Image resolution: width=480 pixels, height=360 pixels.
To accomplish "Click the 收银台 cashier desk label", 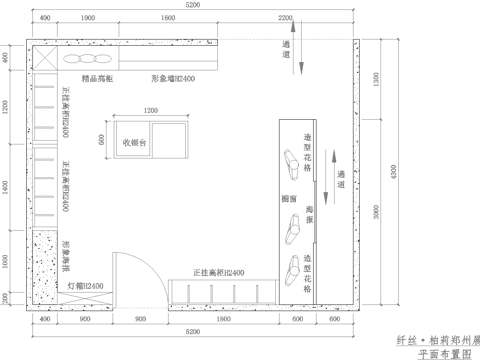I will (x=135, y=142).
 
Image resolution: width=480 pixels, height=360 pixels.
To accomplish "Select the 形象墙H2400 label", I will (x=172, y=76).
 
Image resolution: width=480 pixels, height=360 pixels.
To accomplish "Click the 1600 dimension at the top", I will (x=167, y=19).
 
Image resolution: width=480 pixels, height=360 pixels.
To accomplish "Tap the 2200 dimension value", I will (x=286, y=19).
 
